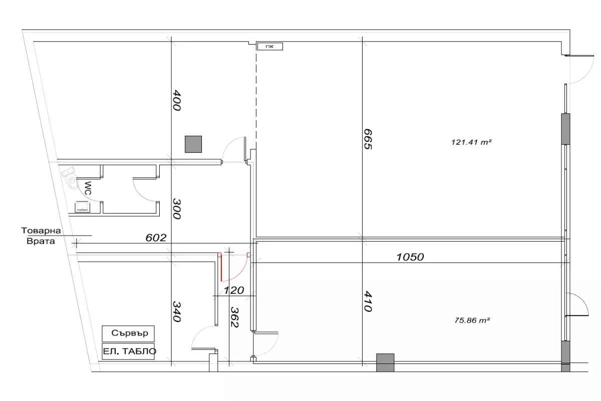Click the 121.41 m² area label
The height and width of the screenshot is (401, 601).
point(471,142)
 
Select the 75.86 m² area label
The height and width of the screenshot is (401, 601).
point(472,320)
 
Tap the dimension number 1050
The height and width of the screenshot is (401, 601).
point(410,257)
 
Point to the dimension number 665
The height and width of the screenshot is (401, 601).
point(368,139)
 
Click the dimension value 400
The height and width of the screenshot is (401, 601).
point(176,100)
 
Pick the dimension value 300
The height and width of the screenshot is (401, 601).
point(176,209)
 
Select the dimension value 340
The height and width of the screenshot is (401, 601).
point(176,312)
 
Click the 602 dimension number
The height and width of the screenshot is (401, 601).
point(156,238)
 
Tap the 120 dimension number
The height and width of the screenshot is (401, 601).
point(234,290)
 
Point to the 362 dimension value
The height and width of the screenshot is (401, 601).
point(234,317)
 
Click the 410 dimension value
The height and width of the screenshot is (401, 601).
point(368,302)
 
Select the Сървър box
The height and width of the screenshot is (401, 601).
point(128,334)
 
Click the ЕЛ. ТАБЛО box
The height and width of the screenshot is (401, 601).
point(128,351)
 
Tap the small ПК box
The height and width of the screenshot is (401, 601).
point(270,47)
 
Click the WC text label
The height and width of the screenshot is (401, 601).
point(88,188)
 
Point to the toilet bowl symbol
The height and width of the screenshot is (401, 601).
point(73,182)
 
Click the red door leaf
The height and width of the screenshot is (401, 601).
point(221,267)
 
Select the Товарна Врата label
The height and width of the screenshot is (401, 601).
point(41,236)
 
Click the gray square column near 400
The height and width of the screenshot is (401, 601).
point(193,144)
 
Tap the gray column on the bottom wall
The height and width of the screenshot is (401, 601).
point(385,362)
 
